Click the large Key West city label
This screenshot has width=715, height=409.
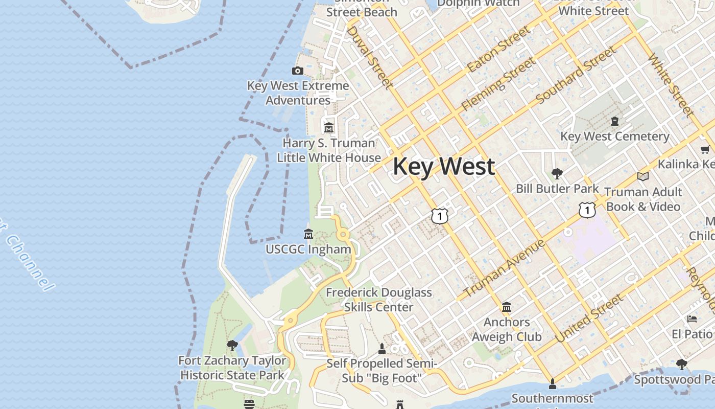[x=443, y=167]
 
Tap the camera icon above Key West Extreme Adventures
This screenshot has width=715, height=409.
[x=298, y=71]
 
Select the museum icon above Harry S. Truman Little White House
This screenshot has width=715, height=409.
[x=328, y=127]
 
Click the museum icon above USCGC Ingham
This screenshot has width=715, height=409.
[x=308, y=234]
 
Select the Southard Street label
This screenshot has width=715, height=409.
[x=576, y=75]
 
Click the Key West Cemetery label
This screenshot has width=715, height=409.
[x=615, y=137]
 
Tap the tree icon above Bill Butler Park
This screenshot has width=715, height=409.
[x=557, y=173]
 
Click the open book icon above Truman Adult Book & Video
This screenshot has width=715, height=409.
[x=643, y=176]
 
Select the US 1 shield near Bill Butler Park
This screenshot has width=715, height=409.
[x=587, y=210]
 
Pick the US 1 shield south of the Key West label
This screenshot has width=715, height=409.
[x=440, y=216]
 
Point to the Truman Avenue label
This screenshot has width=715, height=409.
[x=505, y=269]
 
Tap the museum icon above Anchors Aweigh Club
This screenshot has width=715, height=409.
[x=507, y=307]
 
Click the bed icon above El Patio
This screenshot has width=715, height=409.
[x=692, y=319]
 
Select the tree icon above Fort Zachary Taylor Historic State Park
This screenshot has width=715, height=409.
[x=232, y=345]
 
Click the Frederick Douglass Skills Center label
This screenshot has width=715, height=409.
[x=378, y=300]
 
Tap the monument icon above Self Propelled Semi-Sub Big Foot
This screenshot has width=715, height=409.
[x=382, y=349]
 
